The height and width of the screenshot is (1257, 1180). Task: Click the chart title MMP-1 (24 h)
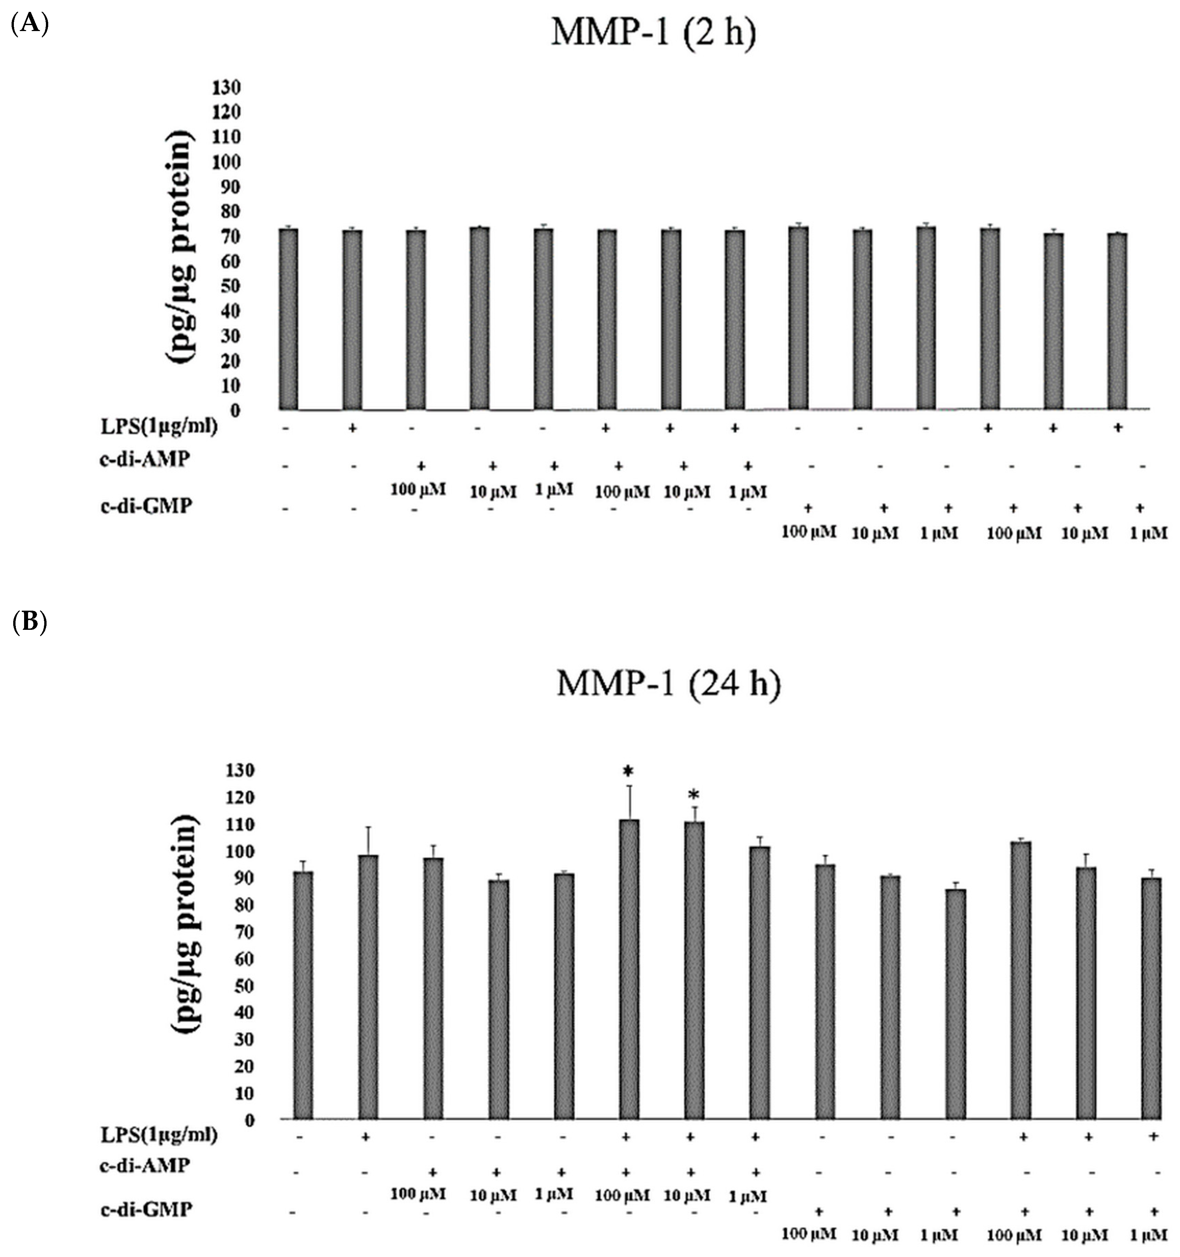click(x=668, y=685)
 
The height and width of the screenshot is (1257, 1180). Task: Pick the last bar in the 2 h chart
click(x=1118, y=321)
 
